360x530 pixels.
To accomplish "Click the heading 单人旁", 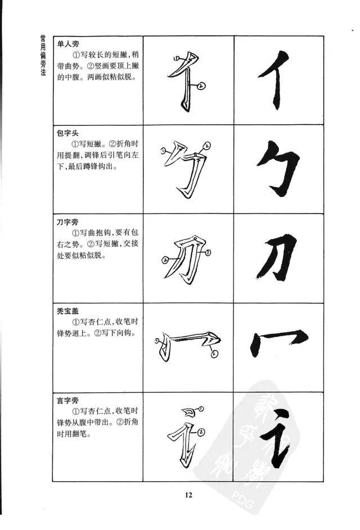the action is (68, 44).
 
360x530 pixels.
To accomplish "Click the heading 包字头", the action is (67, 133).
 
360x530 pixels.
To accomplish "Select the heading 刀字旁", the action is (67, 222).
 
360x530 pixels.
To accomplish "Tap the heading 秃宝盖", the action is (67, 311).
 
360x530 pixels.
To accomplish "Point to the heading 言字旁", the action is (67, 400).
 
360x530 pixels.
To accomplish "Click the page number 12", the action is (188, 495).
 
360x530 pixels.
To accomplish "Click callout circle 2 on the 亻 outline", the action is (201, 86).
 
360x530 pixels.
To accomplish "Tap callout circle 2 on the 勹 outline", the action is (207, 146).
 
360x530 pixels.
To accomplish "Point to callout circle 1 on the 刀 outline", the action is (208, 252).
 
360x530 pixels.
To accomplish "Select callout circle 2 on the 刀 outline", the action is (165, 260).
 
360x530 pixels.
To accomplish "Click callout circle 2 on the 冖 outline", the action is (214, 354).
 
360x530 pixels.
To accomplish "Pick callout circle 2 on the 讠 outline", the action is (201, 432).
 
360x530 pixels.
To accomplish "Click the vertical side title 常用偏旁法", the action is (43, 55).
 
